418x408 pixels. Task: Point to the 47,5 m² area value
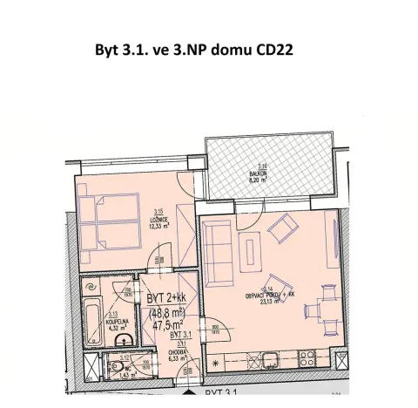coord(170,324)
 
